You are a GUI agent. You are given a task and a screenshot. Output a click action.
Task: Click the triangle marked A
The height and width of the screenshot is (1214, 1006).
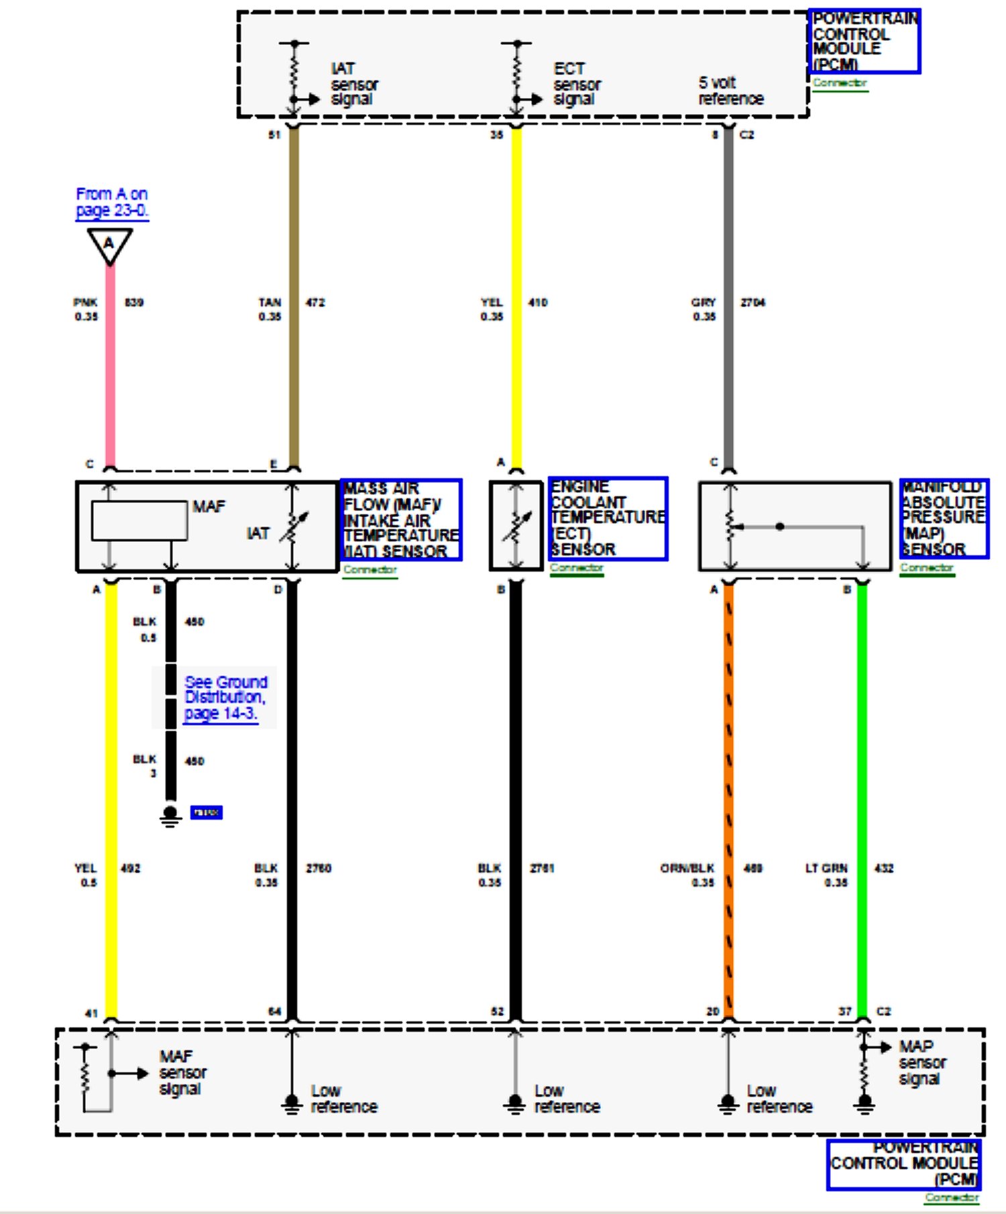[109, 244]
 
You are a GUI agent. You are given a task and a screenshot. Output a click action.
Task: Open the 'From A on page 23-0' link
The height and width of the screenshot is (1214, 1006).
[111, 202]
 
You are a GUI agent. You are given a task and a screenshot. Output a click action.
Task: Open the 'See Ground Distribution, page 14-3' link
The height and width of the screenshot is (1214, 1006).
[225, 698]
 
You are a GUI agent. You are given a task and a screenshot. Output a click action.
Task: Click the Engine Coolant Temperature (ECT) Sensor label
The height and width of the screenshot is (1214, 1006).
[608, 518]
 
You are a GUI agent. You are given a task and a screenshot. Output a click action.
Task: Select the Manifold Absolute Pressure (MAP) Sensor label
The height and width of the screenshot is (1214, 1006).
[943, 518]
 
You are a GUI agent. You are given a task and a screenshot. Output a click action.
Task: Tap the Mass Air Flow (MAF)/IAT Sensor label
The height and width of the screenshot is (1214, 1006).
[401, 520]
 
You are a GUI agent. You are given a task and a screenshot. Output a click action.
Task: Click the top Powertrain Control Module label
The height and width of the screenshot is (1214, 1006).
[864, 41]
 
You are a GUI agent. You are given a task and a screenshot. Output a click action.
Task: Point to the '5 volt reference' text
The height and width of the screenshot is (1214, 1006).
[730, 91]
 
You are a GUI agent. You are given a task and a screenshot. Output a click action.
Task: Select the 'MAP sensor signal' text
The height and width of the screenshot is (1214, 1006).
[921, 1062]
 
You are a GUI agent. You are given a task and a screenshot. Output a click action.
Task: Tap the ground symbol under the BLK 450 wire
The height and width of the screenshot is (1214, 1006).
[170, 816]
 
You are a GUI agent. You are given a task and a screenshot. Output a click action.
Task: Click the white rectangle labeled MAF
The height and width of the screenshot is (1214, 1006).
[139, 520]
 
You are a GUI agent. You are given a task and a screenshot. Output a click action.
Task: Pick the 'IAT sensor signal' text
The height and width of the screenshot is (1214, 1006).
[354, 84]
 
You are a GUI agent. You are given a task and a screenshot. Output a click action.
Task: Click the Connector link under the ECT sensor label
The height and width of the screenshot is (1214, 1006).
[577, 568]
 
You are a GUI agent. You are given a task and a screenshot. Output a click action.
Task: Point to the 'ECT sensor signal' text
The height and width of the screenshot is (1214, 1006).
[577, 84]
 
